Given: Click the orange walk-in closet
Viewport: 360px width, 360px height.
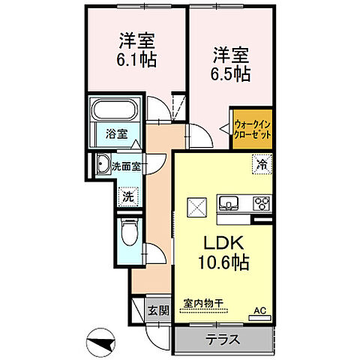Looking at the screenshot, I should point(251,128).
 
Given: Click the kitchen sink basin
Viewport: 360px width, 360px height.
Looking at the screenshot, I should point(229,202).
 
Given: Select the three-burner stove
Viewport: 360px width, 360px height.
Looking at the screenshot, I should point(260,202).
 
